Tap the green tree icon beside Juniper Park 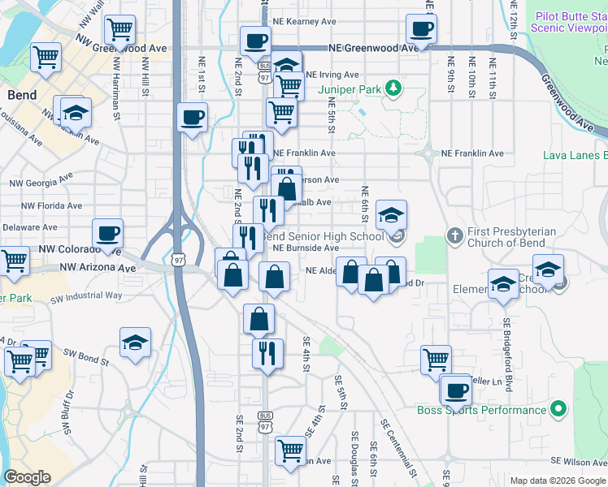393,86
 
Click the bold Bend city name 21,95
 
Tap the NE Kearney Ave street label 305,22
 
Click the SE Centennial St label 398,447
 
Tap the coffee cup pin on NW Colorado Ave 108,234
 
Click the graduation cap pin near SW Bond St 136,342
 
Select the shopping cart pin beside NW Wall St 119,30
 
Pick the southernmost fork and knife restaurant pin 267,353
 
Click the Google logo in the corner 28,477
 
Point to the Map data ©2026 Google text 558,481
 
